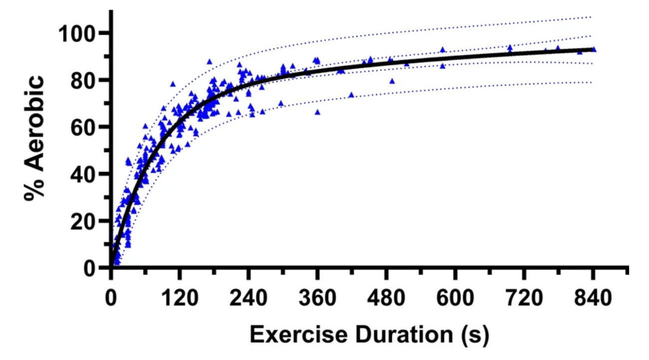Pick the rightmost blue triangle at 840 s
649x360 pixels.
point(594,49)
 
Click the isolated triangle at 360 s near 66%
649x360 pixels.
point(318,112)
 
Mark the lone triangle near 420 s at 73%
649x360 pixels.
point(351,95)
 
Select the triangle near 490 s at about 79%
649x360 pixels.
point(392,81)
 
